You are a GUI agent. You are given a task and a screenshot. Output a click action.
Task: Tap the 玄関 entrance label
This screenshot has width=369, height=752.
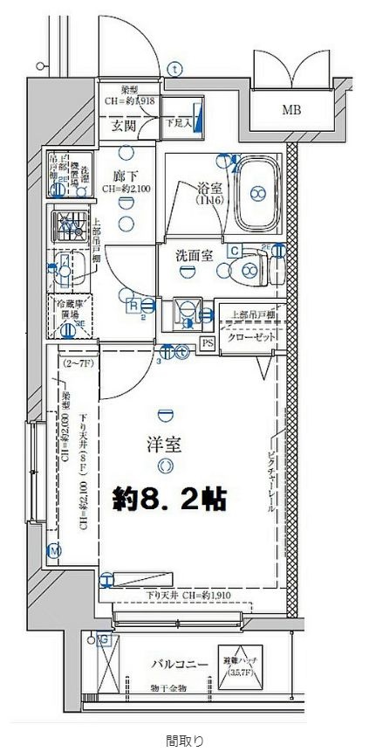coord(123,125)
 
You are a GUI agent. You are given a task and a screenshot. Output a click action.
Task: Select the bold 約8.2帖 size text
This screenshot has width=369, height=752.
coord(170,499)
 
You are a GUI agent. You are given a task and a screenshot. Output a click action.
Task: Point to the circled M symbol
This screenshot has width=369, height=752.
coord(54,550)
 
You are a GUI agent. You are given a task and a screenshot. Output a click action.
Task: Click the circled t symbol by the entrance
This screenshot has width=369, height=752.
coord(175,68)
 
